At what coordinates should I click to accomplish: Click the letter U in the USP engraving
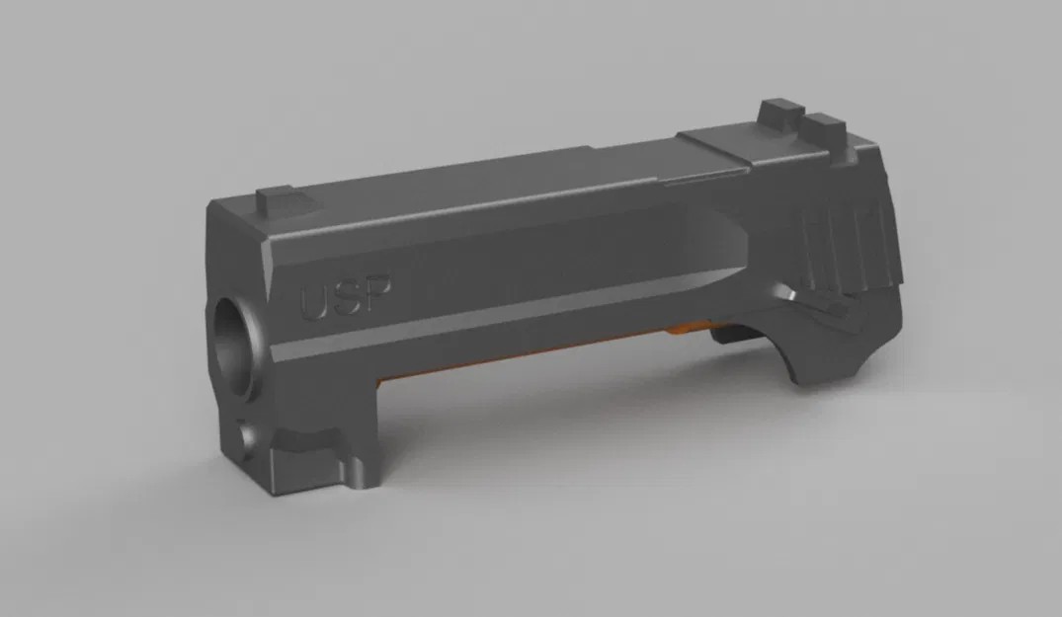pyautogui.click(x=315, y=303)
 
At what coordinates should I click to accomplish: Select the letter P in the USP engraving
pyautogui.click(x=377, y=293)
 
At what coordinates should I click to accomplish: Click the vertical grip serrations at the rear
pyautogui.click(x=840, y=237)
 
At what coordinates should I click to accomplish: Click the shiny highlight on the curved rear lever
pyautogui.click(x=790, y=294)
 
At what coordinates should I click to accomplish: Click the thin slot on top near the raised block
pyautogui.click(x=701, y=178)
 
